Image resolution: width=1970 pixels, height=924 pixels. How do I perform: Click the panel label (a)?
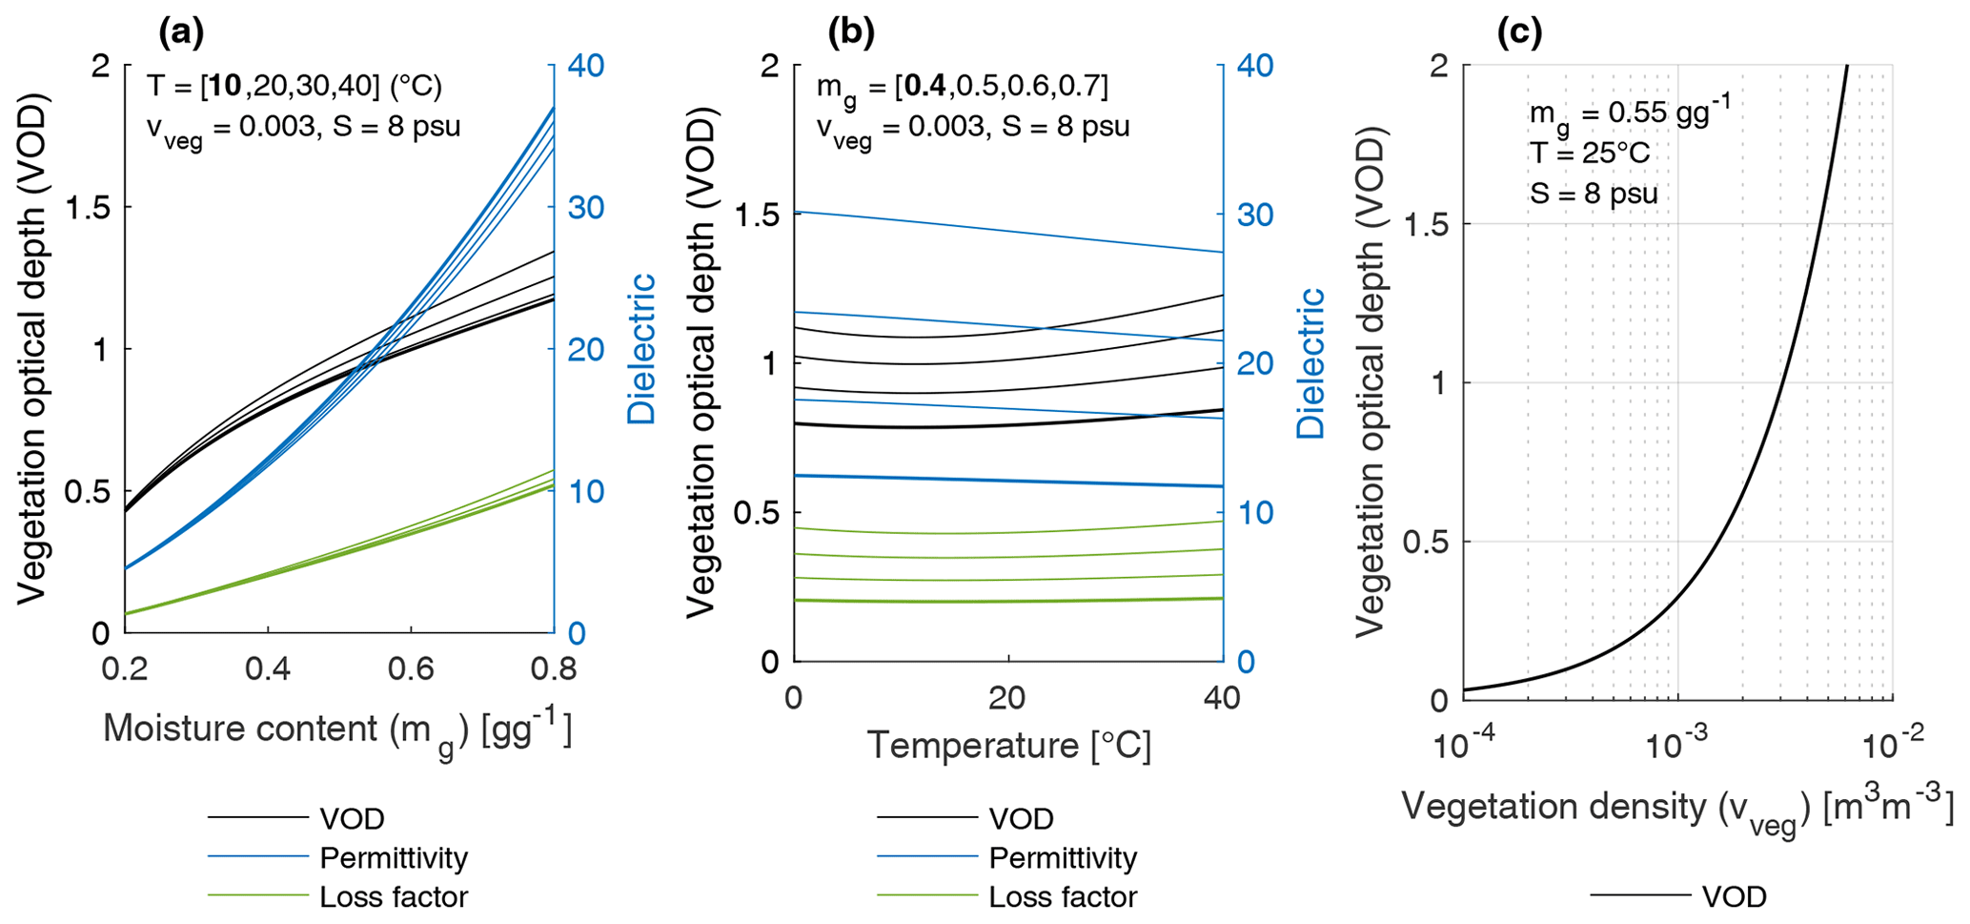coord(180,33)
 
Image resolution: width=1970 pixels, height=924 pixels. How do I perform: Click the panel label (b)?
coord(851,33)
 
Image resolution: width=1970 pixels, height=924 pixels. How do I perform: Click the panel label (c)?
coord(1519,33)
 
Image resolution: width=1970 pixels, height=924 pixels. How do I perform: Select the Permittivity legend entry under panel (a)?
coord(394,857)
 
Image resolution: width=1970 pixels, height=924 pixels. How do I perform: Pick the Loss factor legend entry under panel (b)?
coord(1063,896)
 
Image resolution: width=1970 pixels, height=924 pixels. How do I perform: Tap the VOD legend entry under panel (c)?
coord(1734,896)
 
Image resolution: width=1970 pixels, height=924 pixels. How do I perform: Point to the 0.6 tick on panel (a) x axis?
coord(411,669)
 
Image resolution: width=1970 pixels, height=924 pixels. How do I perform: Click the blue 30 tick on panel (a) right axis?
coord(586,208)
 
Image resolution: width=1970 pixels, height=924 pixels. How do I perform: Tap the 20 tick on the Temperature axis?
coord(1007,699)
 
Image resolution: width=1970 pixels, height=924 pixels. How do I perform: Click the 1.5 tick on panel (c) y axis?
coord(1424,224)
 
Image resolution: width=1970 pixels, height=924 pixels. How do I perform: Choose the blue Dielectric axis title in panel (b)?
coord(1311,363)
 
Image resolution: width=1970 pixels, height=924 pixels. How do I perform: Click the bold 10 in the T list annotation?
coord(227,87)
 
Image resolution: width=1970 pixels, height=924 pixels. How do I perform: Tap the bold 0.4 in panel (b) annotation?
coord(924,87)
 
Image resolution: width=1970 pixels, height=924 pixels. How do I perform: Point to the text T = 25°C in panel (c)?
coord(1589,153)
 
